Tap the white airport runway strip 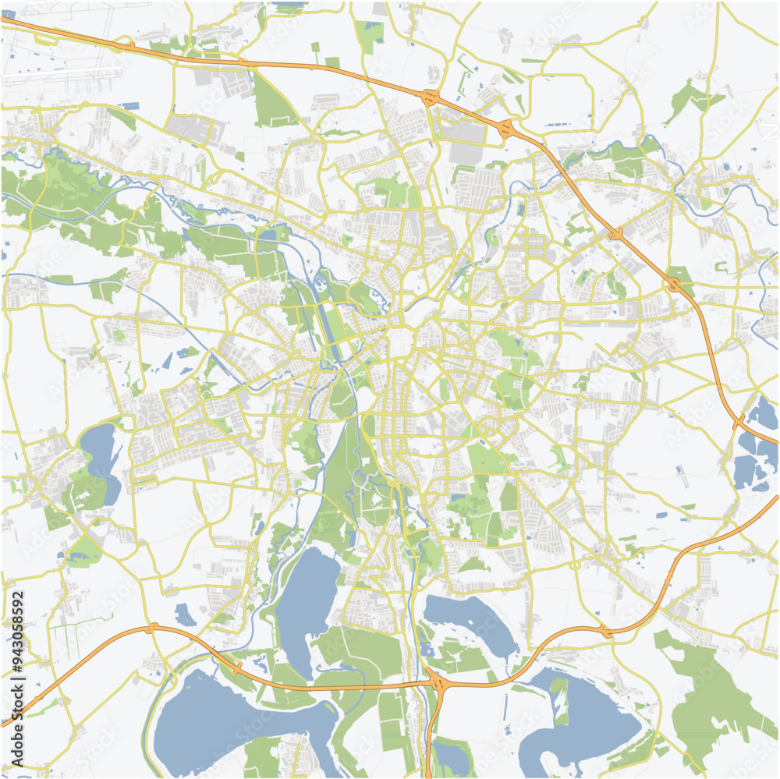(x=62, y=75)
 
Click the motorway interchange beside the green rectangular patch (x=674, y=285)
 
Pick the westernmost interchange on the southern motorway (x=152, y=628)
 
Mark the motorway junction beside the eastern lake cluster (x=738, y=422)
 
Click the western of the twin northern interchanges (x=430, y=97)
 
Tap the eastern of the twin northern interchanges (x=506, y=129)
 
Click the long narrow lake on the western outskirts (x=99, y=460)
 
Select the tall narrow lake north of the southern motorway (x=306, y=600)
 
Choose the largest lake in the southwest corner (x=226, y=721)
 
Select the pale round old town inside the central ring (x=399, y=343)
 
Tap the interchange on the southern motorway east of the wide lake (x=605, y=632)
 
